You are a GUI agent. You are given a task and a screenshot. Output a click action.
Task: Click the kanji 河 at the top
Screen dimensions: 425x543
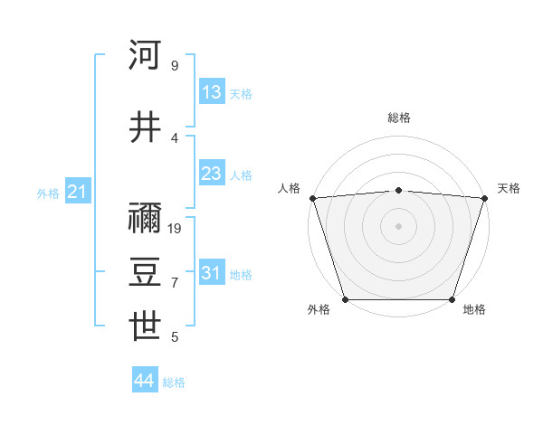tap(146, 55)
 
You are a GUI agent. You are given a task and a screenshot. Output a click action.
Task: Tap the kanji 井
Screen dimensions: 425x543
tap(146, 127)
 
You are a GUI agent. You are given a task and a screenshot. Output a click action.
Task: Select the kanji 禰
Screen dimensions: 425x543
tap(146, 218)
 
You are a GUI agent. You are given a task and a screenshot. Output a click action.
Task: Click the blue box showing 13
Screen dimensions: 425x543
tap(212, 92)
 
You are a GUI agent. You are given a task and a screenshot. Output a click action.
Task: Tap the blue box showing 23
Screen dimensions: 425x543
tap(212, 174)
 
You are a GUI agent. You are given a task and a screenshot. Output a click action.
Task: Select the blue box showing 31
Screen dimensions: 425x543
tap(212, 273)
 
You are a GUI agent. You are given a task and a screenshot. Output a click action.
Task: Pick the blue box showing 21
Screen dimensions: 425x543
tap(78, 192)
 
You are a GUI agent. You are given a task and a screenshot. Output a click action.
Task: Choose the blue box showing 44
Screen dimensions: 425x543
tap(145, 381)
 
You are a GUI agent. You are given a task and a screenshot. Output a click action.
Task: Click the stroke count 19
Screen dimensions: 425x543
tap(176, 228)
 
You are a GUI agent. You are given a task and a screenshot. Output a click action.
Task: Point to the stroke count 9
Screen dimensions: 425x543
tap(174, 65)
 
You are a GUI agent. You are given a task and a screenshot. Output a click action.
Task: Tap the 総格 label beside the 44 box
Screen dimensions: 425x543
tap(174, 382)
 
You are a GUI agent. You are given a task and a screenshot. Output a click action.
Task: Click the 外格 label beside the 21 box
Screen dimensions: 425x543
tap(48, 193)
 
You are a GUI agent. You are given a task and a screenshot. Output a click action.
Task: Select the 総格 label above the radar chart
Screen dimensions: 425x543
tap(398, 118)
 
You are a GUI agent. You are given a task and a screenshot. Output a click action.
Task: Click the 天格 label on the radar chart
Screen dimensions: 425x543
tap(509, 188)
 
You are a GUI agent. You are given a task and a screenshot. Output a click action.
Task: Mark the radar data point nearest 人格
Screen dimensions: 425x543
tap(312, 198)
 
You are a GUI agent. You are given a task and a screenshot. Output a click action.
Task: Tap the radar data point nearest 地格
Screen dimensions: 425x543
tap(452, 299)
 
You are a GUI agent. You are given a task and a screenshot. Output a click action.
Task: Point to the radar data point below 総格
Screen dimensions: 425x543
tap(398, 190)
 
